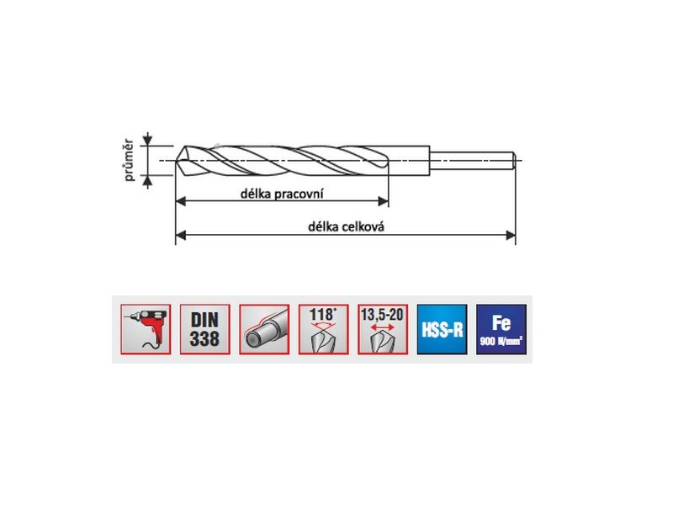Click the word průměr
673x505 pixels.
pyautogui.click(x=130, y=160)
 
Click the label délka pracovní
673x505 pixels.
pyautogui.click(x=282, y=194)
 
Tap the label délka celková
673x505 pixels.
pyautogui.click(x=346, y=226)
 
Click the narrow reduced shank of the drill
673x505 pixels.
pyautogui.click(x=473, y=161)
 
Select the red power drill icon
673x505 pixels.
pyautogui.click(x=146, y=329)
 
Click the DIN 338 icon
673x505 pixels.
pyautogui.click(x=204, y=329)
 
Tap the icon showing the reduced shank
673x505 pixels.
pyautogui.click(x=264, y=329)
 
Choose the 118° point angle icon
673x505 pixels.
pyautogui.click(x=323, y=329)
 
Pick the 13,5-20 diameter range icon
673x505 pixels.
pyautogui.click(x=383, y=329)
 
